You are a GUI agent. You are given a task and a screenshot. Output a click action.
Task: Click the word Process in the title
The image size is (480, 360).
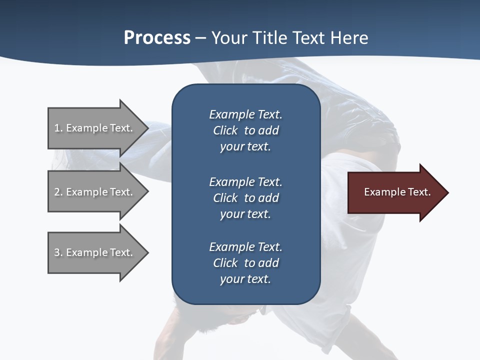point(157,38)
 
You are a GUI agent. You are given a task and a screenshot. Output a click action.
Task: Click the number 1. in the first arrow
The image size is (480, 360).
point(58,128)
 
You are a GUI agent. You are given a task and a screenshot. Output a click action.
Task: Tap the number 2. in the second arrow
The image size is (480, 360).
point(58,192)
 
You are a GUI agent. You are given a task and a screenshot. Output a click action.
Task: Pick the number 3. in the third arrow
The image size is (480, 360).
point(58,252)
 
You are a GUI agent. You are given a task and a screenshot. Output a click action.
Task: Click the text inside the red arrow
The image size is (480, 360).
point(397,192)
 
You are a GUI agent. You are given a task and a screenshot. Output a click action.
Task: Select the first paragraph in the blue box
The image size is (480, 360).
point(245,130)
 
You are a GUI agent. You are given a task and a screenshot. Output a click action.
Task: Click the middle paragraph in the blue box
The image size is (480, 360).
point(245,197)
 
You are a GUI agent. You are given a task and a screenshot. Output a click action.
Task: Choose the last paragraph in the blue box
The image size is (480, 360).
point(245,263)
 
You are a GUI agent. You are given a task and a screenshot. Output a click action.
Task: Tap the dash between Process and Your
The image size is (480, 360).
point(200,38)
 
